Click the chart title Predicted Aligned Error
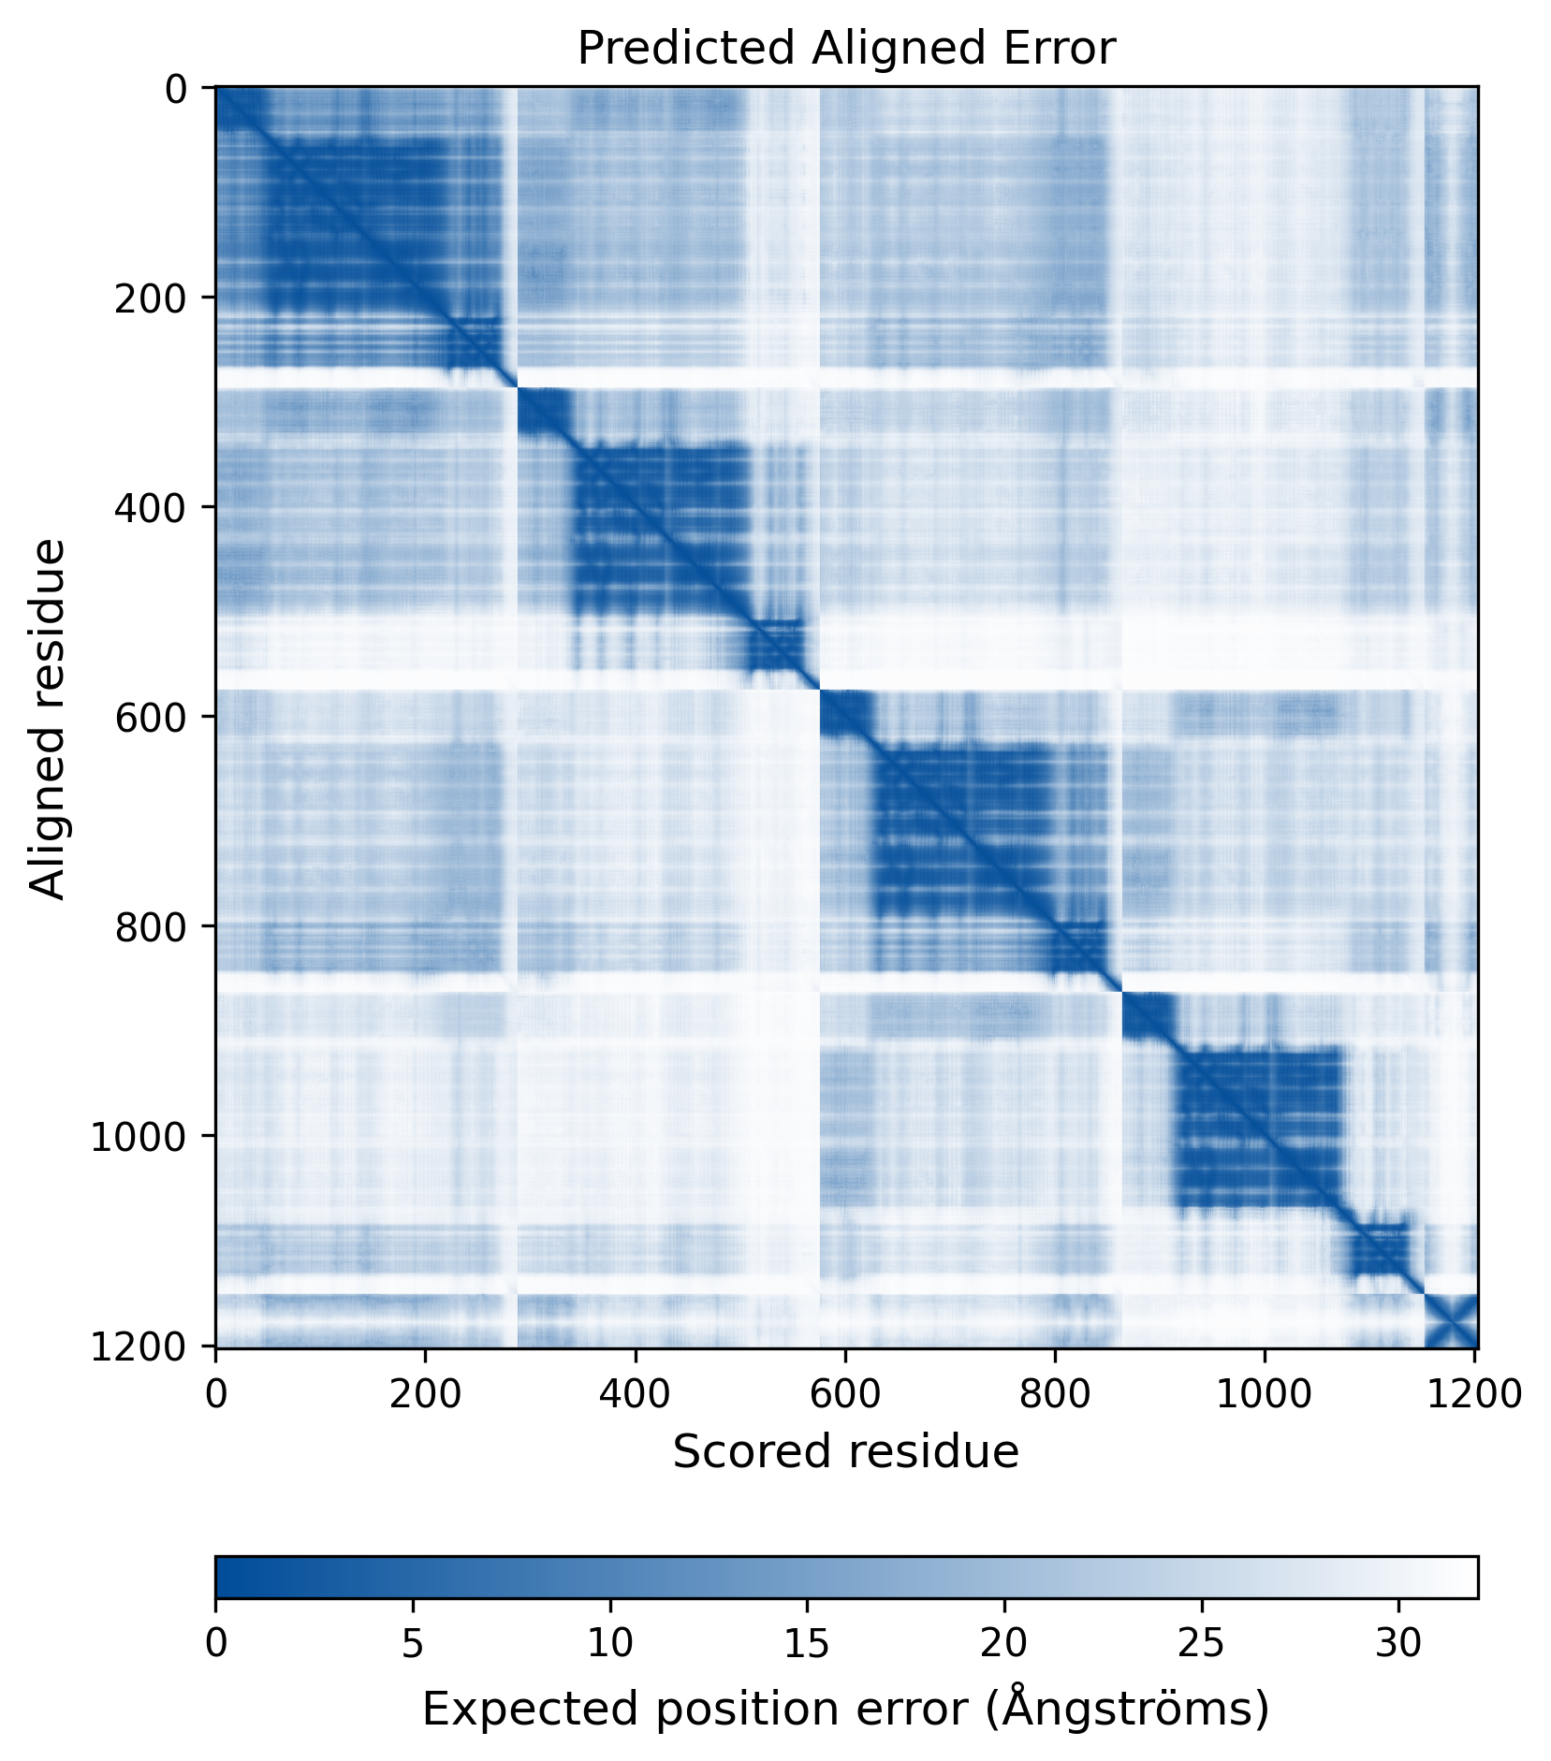pyautogui.click(x=845, y=49)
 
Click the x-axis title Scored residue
pyautogui.click(x=845, y=1451)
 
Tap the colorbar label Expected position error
pyautogui.click(x=845, y=1709)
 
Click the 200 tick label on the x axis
pyautogui.click(x=426, y=1393)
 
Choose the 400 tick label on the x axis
pyautogui.click(x=636, y=1393)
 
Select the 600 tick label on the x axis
pyautogui.click(x=845, y=1393)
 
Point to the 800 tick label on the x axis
pyautogui.click(x=1055, y=1393)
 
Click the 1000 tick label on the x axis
pyautogui.click(x=1265, y=1393)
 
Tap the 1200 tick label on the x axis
pyautogui.click(x=1473, y=1393)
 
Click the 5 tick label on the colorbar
pyautogui.click(x=413, y=1643)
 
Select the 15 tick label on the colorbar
pyautogui.click(x=807, y=1643)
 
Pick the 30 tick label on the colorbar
pyautogui.click(x=1398, y=1643)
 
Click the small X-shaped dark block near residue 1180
pyautogui.click(x=1451, y=1321)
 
